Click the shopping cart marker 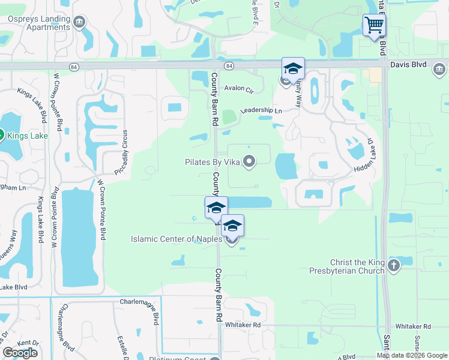[x=374, y=25]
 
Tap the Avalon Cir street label [x=239, y=88]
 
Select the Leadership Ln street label [x=261, y=111]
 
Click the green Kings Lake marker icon [x=2, y=136]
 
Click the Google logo [x=20, y=353]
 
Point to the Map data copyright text [x=411, y=355]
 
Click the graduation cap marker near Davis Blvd [x=293, y=68]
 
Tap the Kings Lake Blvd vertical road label [x=41, y=219]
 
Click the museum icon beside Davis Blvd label [x=439, y=70]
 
